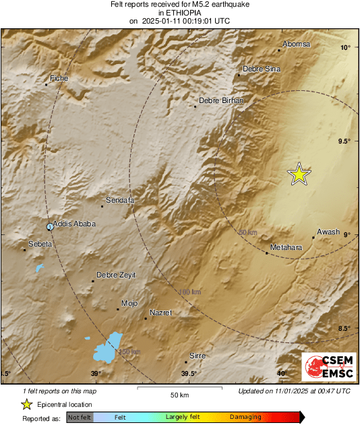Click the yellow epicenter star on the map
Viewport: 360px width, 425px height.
pos(299,174)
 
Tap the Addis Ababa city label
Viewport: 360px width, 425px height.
pos(74,224)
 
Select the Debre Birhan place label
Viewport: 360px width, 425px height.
pos(220,100)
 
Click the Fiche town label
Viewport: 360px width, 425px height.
pos(60,78)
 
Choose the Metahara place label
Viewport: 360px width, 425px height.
pos(285,248)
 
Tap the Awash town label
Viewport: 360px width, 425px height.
pos(328,232)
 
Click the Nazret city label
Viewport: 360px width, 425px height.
pos(160,313)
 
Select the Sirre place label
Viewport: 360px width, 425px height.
pos(198,355)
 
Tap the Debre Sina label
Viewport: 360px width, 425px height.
pos(262,69)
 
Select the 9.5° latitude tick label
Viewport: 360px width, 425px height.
pos(344,141)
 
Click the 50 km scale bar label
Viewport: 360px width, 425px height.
pos(179,394)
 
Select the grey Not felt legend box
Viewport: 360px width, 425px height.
pos(80,417)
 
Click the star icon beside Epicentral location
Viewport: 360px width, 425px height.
pos(26,404)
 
